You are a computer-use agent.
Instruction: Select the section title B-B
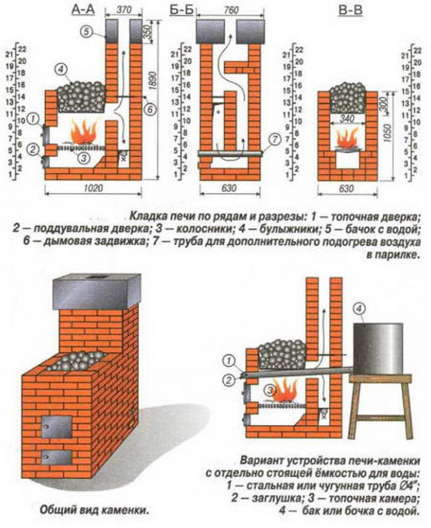click(351, 9)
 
